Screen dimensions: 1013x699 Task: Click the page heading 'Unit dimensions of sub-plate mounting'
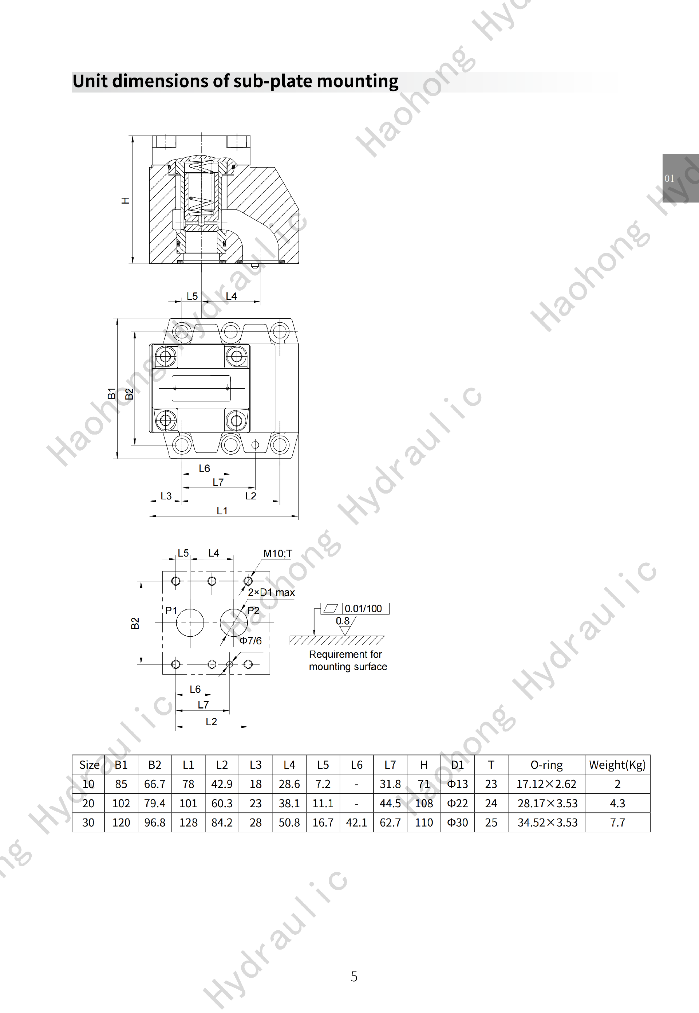(235, 82)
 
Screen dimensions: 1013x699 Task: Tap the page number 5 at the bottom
(354, 976)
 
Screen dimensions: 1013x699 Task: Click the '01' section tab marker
(669, 178)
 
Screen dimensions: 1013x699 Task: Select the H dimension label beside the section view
(126, 201)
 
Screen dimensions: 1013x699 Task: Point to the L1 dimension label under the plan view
(222, 511)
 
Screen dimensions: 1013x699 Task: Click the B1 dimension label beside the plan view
(112, 393)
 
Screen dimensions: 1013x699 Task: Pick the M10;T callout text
(277, 553)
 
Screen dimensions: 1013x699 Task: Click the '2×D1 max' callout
(271, 592)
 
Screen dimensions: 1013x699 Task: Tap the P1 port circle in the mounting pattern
(190, 622)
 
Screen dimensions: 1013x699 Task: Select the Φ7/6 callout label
(250, 641)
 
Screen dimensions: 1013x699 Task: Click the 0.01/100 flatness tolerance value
(363, 609)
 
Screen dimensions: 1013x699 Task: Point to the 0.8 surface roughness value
(343, 621)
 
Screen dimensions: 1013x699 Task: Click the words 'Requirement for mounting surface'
(348, 660)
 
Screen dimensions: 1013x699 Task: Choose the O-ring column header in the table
(546, 765)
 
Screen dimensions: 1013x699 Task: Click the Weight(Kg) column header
(617, 765)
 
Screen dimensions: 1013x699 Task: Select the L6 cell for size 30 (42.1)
(356, 822)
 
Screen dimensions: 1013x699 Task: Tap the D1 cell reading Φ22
(457, 803)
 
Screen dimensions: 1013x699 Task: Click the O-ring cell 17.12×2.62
(546, 784)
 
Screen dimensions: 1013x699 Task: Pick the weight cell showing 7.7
(617, 822)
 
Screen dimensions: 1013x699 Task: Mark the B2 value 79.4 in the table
(155, 803)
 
